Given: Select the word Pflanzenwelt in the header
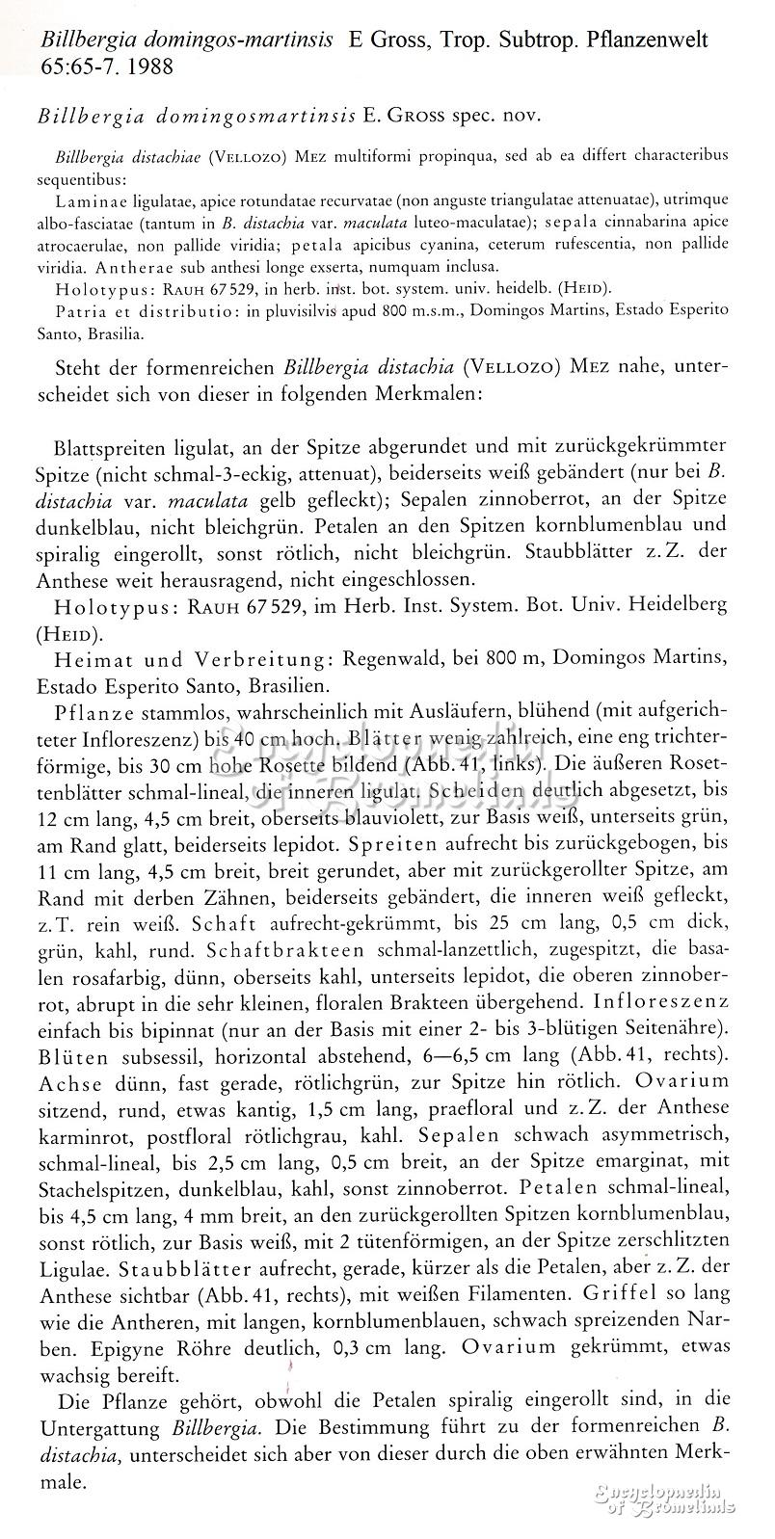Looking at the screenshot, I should pos(648,40).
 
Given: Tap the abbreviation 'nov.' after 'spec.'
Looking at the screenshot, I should pos(521,117).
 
